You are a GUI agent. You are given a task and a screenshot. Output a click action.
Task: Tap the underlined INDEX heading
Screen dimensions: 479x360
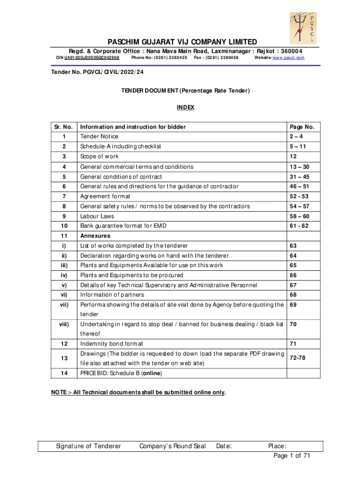tap(185, 108)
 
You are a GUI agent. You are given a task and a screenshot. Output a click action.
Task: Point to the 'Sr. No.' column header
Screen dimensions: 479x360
tap(63, 127)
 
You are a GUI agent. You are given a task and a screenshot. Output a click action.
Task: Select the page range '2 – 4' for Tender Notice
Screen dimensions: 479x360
tap(298, 137)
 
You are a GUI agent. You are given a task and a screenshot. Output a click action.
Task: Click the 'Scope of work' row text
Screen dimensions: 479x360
tap(100, 156)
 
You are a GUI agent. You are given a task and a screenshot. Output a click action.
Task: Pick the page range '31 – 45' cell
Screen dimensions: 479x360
tap(299, 177)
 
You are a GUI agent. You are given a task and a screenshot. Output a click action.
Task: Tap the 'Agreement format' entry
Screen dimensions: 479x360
tap(105, 196)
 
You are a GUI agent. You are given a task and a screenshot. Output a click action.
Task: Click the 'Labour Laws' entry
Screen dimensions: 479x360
tap(97, 216)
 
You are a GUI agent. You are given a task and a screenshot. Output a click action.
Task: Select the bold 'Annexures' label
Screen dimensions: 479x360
tap(95, 236)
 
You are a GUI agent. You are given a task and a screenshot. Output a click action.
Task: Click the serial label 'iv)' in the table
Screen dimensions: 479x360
tap(63, 275)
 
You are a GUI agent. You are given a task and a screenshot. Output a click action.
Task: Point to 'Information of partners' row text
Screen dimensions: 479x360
tap(112, 295)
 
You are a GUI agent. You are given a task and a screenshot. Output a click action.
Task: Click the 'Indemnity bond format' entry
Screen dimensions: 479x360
tap(112, 344)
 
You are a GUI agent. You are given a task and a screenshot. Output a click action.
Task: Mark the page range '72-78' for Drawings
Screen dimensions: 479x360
tap(298, 358)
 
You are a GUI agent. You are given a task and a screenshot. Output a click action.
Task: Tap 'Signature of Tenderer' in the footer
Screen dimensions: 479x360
tap(88, 446)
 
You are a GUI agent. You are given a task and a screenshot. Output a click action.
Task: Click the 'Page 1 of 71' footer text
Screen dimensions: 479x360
tap(292, 456)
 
